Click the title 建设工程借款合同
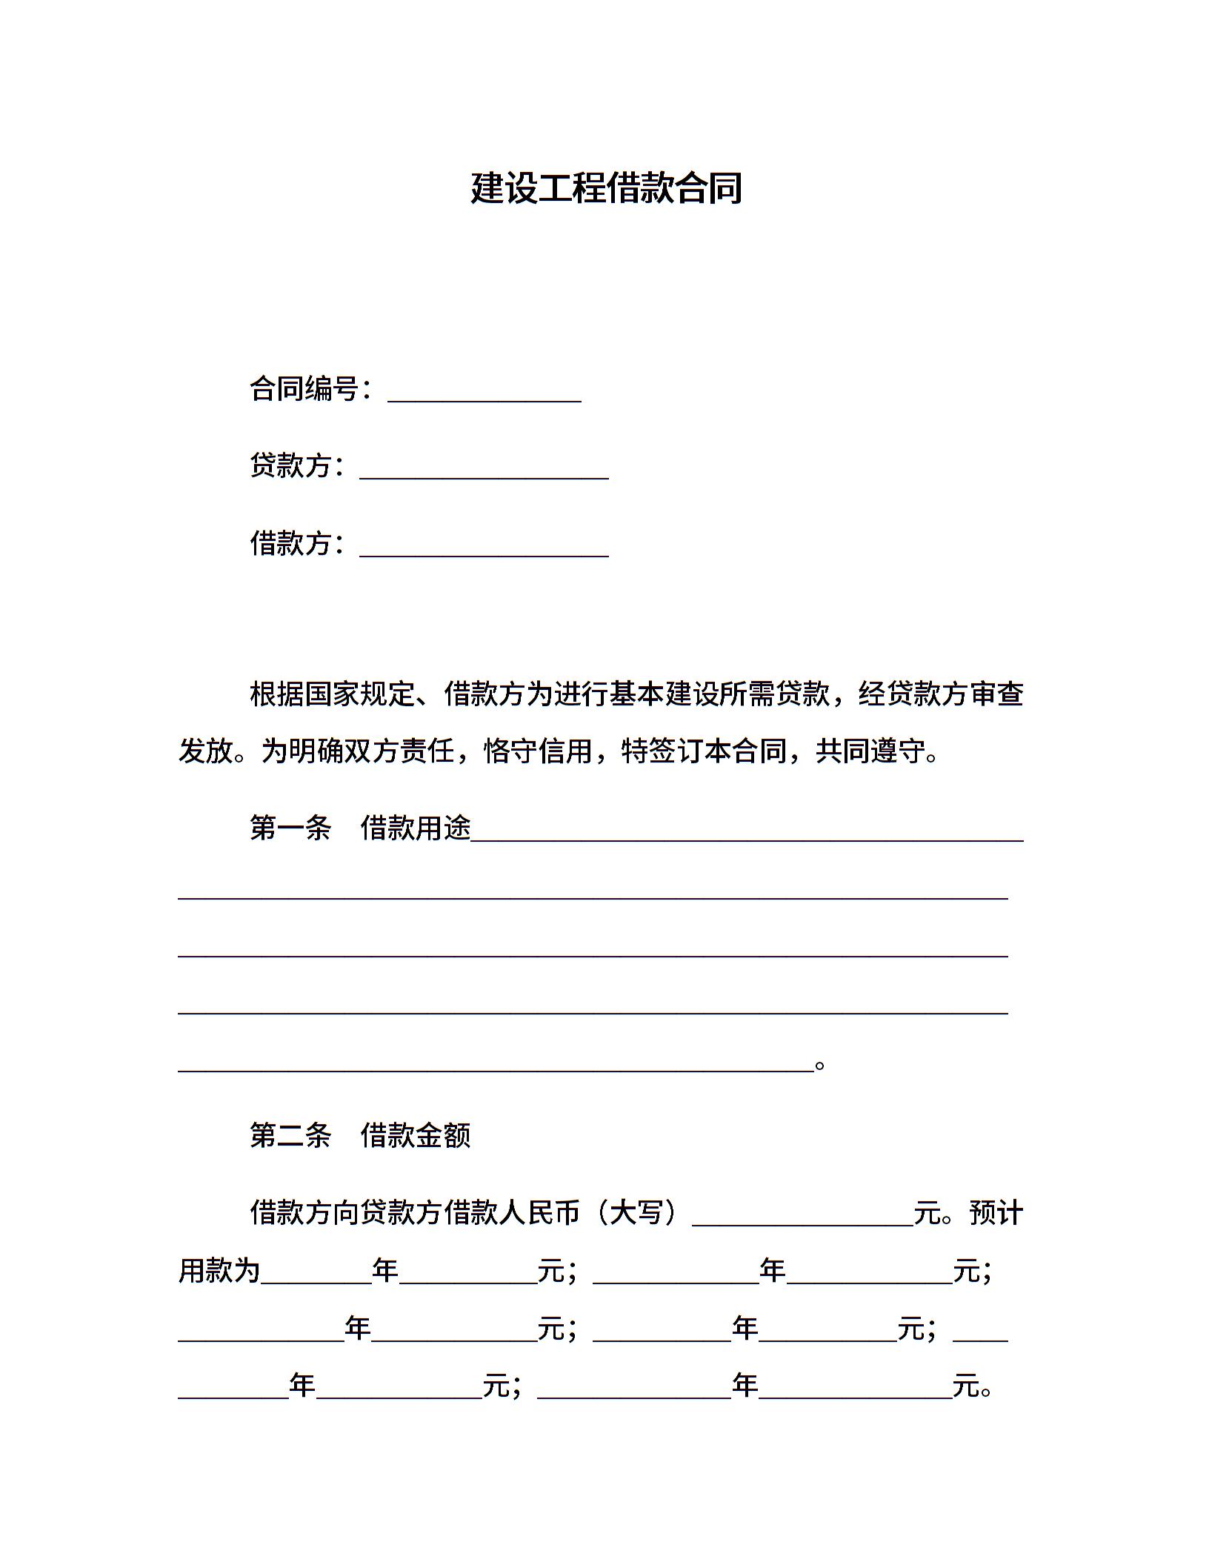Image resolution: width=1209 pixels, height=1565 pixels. [606, 188]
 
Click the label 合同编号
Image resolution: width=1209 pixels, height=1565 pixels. [304, 389]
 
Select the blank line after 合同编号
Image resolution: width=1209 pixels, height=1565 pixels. [484, 393]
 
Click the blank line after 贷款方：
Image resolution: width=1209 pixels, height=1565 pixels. [484, 471]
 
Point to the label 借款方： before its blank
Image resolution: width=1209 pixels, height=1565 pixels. [297, 544]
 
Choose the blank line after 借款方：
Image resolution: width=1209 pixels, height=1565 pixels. [484, 548]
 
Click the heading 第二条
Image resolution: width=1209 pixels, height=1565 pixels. [290, 1136]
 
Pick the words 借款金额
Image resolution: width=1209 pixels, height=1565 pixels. [416, 1136]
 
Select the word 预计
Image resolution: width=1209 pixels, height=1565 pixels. [996, 1213]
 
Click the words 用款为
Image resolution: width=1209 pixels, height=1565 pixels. [219, 1271]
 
